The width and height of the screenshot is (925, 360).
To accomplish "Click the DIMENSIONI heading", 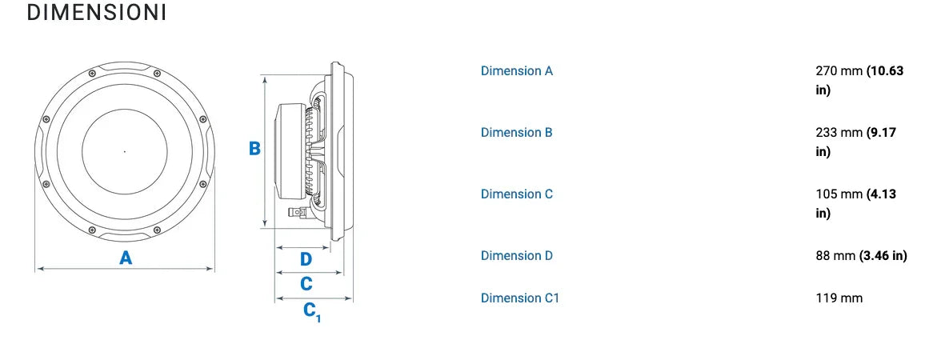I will (x=96, y=14).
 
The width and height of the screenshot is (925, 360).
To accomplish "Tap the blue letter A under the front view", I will (x=126, y=258).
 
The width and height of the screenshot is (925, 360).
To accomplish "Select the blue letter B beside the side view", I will (x=254, y=149).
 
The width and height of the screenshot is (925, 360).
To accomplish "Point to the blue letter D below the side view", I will (x=306, y=259).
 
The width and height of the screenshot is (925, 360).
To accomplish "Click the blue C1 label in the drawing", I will (x=311, y=310).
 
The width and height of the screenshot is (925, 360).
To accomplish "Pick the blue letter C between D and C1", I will (x=306, y=284).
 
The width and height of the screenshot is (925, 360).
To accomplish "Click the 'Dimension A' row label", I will (x=516, y=70).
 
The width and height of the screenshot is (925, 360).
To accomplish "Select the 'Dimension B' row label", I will (x=516, y=132).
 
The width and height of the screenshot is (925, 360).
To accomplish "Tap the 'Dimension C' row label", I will (x=516, y=194).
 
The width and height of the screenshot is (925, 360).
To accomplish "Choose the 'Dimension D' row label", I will (x=516, y=255).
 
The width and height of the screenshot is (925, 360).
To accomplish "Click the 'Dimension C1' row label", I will (x=520, y=298).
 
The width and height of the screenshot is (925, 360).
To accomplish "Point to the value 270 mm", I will (x=839, y=70).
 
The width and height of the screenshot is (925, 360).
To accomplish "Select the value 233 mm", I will (x=839, y=132).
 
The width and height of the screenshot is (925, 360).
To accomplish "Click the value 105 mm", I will (x=839, y=194).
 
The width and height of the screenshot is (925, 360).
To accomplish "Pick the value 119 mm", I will (x=839, y=298).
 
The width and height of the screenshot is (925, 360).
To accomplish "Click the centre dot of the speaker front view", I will (x=125, y=150).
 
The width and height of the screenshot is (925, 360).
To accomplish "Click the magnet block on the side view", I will (x=288, y=151).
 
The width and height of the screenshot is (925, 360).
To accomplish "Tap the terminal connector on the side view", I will (x=295, y=214).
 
